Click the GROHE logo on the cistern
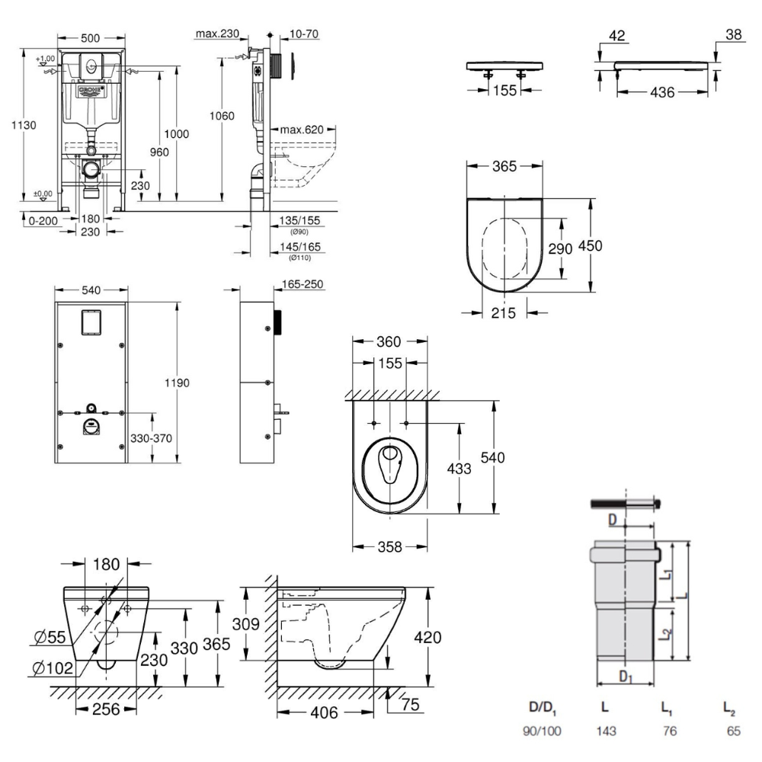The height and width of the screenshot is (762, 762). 92,91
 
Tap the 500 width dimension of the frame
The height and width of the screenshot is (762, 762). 92,37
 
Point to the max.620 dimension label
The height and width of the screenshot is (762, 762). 302,129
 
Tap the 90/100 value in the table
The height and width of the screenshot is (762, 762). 542,731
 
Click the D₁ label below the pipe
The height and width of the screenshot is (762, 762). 624,676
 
